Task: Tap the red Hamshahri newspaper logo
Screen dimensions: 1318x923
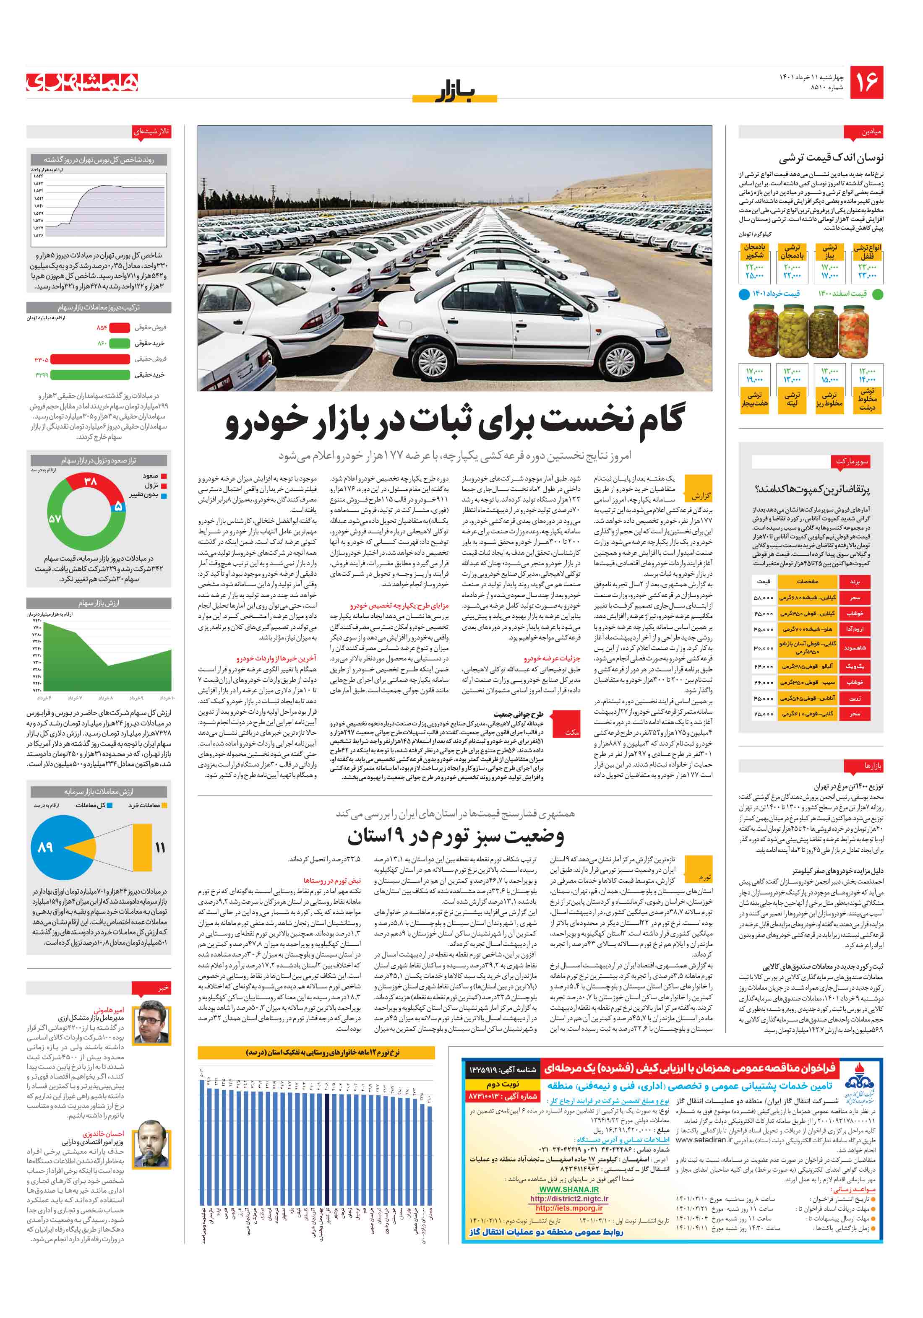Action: [83, 83]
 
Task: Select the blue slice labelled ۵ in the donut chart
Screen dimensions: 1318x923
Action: [118, 506]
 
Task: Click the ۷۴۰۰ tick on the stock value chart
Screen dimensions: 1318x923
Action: [37, 627]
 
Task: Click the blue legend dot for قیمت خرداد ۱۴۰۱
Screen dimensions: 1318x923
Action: [743, 294]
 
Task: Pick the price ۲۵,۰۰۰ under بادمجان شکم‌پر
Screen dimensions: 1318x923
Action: [754, 276]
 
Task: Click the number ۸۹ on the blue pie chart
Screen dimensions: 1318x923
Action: [45, 847]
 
